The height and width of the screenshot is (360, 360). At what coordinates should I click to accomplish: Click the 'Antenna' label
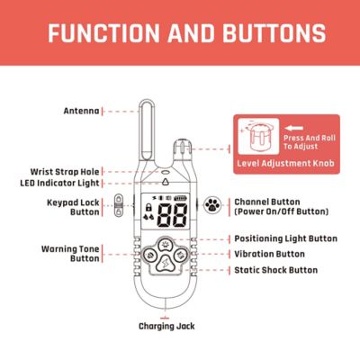pos(82,111)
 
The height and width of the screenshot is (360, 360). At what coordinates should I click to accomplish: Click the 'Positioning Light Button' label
pos(285,238)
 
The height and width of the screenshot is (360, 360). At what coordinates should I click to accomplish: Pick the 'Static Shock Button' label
pos(278,269)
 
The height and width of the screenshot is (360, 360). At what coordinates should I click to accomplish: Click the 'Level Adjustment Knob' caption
pos(287,165)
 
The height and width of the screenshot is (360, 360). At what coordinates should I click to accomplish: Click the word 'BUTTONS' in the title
pos(274,34)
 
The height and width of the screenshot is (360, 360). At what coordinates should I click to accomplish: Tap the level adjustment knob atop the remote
pos(183,145)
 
